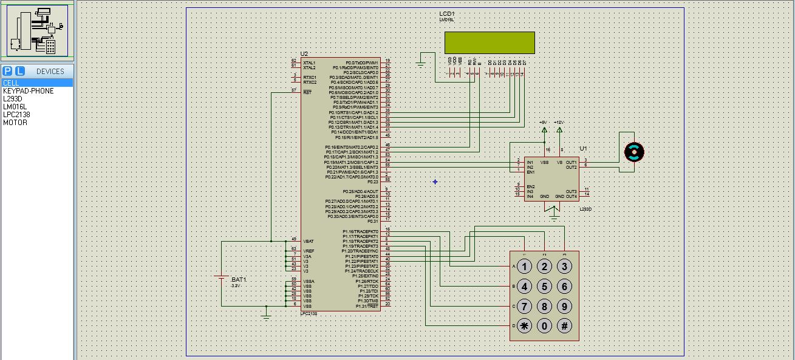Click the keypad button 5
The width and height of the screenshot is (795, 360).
pyautogui.click(x=545, y=287)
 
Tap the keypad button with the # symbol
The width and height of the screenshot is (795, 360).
pyautogui.click(x=565, y=326)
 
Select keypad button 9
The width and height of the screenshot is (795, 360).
pyautogui.click(x=565, y=307)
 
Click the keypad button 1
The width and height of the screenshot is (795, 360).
pyautogui.click(x=525, y=267)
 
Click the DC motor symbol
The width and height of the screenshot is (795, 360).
pyautogui.click(x=634, y=152)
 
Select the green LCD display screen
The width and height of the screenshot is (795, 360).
pyautogui.click(x=490, y=42)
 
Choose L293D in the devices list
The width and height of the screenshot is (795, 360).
pyautogui.click(x=13, y=99)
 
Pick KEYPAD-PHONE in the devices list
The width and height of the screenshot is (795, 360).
pyautogui.click(x=28, y=91)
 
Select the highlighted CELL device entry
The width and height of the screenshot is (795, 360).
pyautogui.click(x=11, y=83)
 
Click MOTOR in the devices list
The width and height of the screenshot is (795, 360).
pyautogui.click(x=15, y=123)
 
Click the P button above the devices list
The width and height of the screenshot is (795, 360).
pyautogui.click(x=8, y=71)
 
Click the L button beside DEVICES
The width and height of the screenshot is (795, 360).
pyautogui.click(x=20, y=71)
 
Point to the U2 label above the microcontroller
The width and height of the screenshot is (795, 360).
pyautogui.click(x=304, y=54)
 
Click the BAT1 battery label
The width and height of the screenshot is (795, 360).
pyautogui.click(x=239, y=279)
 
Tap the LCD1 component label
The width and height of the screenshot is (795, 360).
pyautogui.click(x=447, y=13)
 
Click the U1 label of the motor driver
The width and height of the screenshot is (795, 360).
pyautogui.click(x=583, y=149)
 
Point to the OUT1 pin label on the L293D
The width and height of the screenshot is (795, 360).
pyautogui.click(x=571, y=162)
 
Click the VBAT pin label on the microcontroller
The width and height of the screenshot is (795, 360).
pyautogui.click(x=309, y=241)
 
